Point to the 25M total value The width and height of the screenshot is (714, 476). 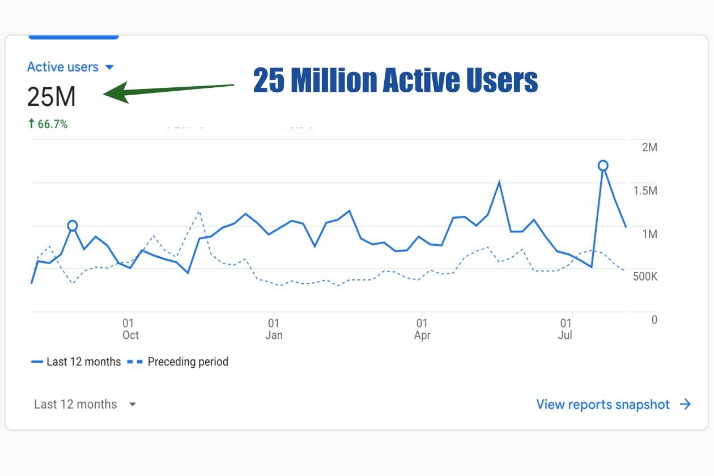(x=51, y=97)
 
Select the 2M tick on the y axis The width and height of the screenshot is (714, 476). (x=649, y=147)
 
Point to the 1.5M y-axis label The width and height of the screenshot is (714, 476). (x=645, y=190)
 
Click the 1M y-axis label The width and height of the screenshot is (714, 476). (x=649, y=234)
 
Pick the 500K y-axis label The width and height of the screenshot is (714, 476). (x=645, y=277)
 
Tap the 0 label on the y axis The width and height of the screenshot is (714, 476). (x=654, y=320)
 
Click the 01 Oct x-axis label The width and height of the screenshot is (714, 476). (x=130, y=329)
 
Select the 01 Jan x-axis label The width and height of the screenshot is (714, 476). (x=274, y=329)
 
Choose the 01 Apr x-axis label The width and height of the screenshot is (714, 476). (x=422, y=329)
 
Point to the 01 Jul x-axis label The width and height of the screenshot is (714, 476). (x=565, y=329)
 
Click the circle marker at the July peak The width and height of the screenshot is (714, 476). (x=603, y=165)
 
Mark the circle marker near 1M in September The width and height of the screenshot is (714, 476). (x=72, y=226)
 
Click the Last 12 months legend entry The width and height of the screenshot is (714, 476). (x=76, y=362)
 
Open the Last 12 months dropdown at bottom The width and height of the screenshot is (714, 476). (x=85, y=405)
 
